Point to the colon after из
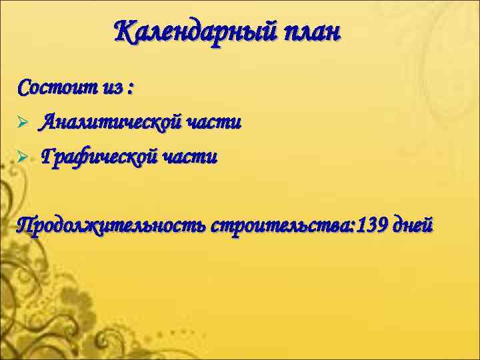pyautogui.click(x=131, y=88)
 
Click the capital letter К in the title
pyautogui.click(x=127, y=30)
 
